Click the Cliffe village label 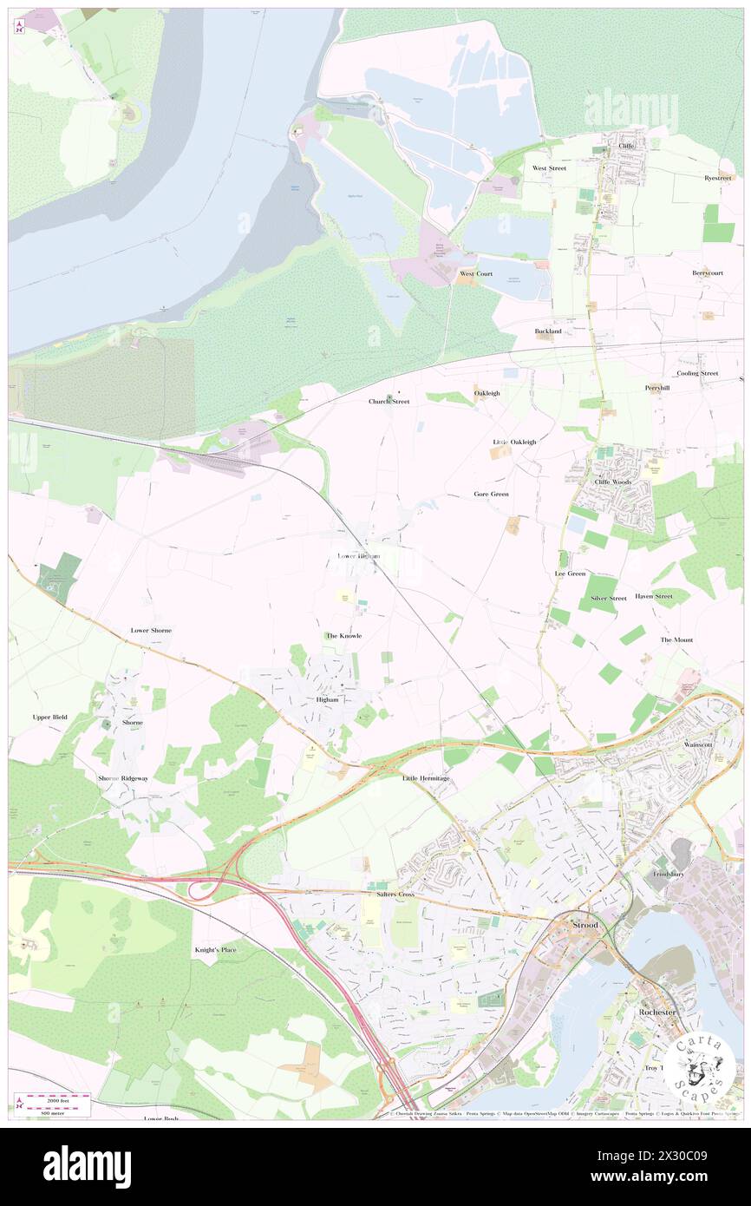click(626, 147)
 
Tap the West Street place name click(549, 168)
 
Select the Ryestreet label click(719, 177)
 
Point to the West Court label click(476, 273)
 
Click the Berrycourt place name click(708, 272)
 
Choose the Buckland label click(548, 331)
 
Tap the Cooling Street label click(697, 373)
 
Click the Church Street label click(389, 402)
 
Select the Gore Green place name click(491, 494)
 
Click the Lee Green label click(570, 574)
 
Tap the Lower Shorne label click(151, 630)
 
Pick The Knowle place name click(343, 636)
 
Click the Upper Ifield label click(49, 717)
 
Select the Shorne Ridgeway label click(123, 778)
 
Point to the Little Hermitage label click(426, 778)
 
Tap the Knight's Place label click(214, 950)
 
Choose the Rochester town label click(656, 1013)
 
